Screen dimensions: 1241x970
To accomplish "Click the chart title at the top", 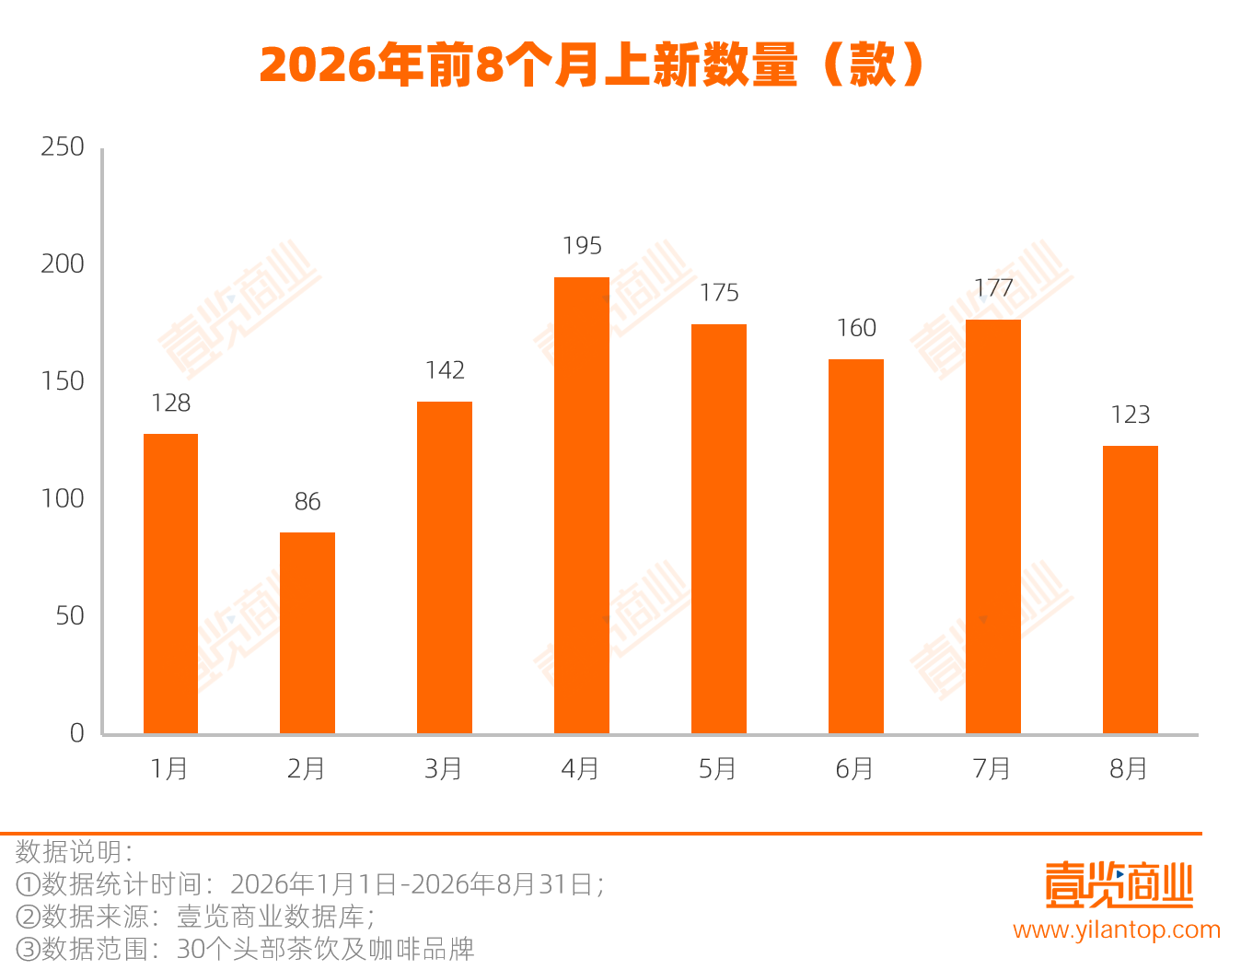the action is coord(592,64).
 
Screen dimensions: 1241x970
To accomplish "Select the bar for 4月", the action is coord(582,505).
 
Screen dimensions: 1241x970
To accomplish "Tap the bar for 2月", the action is coord(307,633).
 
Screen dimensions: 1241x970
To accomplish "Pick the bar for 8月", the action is coord(1131,590).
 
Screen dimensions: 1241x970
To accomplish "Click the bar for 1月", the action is coord(170,584).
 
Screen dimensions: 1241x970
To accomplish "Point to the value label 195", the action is coord(582,246).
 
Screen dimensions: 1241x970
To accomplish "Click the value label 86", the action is coord(307,501).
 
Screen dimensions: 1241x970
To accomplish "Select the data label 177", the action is coord(993,288).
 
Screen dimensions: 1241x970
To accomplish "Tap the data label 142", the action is coord(445,370).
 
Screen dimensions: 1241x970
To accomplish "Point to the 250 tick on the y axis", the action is coord(63,147).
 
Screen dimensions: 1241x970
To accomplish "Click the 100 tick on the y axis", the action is coord(63,498).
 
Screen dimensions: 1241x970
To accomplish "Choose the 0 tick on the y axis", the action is coord(77,733).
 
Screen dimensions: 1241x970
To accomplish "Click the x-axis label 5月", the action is coord(717,769).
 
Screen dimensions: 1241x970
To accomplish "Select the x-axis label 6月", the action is coord(854,769).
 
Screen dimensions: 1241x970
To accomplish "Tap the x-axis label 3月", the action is coord(443,769).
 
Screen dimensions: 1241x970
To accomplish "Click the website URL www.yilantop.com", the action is coord(1117,930).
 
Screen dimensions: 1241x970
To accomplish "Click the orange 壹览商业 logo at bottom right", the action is coord(1119,885).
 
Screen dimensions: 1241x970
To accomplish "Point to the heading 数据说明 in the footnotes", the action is coord(68,852).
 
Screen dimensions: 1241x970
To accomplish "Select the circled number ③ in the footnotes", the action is coord(28,950).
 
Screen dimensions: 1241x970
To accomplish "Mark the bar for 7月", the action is coord(993,527).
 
